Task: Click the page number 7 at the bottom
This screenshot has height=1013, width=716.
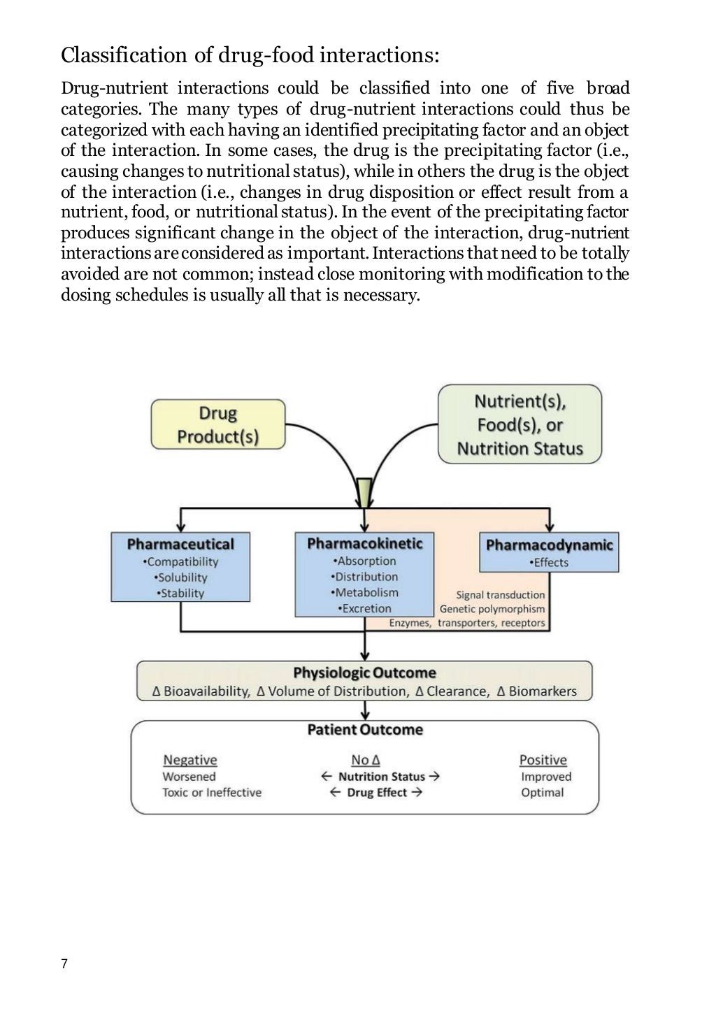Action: [x=64, y=964]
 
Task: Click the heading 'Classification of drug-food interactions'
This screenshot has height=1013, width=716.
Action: [x=250, y=55]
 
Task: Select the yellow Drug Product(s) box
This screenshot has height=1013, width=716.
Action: [x=218, y=424]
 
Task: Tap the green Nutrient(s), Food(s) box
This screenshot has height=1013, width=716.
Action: [x=520, y=424]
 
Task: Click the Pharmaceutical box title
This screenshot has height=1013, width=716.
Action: [x=180, y=544]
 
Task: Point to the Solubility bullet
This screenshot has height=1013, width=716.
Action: [x=180, y=577]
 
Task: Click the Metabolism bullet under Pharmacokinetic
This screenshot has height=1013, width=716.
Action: [x=364, y=592]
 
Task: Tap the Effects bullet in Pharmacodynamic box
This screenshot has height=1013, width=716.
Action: [x=549, y=562]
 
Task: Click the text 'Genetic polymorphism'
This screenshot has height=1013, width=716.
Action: [x=492, y=609]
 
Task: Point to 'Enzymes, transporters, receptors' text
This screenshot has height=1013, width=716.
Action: [x=466, y=623]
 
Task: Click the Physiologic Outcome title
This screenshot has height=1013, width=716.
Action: [x=364, y=673]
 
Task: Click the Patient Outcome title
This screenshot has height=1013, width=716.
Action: [x=365, y=730]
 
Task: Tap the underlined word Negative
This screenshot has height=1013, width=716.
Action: [x=189, y=760]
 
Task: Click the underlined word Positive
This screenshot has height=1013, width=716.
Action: [x=543, y=760]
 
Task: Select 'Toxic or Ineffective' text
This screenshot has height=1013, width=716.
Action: [x=212, y=792]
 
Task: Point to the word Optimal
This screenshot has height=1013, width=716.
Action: [x=542, y=792]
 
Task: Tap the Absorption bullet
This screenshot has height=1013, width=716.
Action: [x=364, y=561]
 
